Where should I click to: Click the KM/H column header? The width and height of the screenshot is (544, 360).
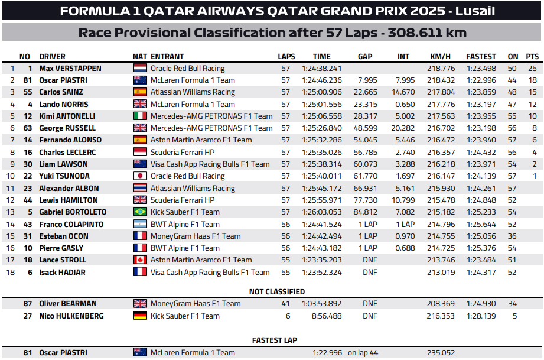click(x=440, y=57)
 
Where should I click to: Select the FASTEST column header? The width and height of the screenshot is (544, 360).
click(x=481, y=57)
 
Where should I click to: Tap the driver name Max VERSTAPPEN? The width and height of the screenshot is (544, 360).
click(x=70, y=69)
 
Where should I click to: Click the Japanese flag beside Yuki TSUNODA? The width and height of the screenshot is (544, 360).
click(x=141, y=176)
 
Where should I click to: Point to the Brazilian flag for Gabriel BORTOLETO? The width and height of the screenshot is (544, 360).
click(x=141, y=212)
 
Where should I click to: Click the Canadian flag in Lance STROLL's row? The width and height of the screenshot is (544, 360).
click(x=141, y=260)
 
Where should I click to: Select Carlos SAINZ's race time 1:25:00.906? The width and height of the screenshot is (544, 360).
click(x=321, y=92)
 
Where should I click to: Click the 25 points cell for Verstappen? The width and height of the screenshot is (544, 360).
click(x=532, y=69)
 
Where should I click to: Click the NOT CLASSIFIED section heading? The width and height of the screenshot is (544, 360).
click(x=276, y=292)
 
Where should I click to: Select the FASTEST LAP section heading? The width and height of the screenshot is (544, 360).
click(x=275, y=340)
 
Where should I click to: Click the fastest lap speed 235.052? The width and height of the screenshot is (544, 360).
click(x=440, y=353)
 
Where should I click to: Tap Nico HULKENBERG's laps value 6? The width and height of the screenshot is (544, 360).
click(x=286, y=316)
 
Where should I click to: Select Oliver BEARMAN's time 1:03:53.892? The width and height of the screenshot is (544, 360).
click(x=321, y=304)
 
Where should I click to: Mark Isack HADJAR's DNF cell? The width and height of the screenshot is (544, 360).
click(x=370, y=273)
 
